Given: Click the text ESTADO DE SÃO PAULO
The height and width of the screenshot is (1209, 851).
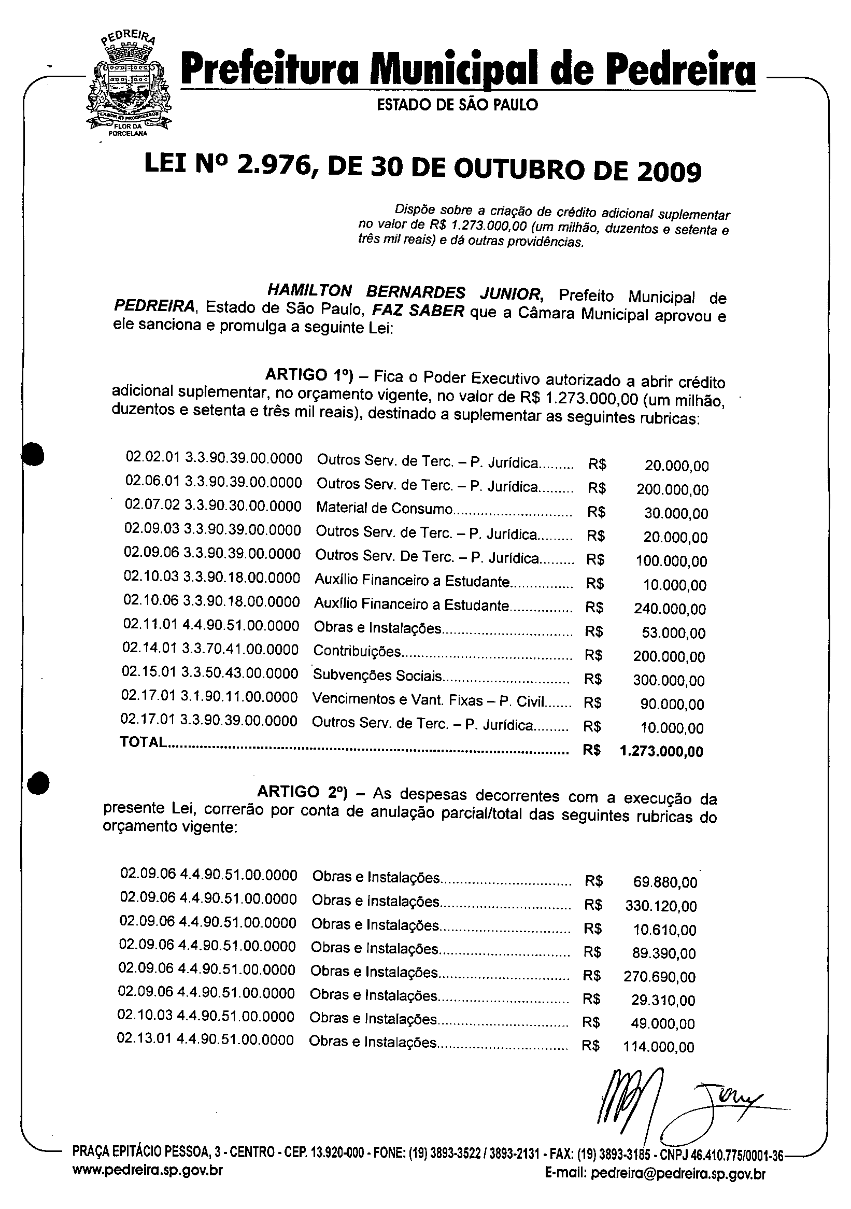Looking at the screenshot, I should [x=457, y=105].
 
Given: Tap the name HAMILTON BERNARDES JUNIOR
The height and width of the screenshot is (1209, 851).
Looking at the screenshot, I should [x=405, y=292].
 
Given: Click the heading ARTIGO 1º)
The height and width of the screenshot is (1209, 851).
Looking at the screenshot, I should [x=308, y=375].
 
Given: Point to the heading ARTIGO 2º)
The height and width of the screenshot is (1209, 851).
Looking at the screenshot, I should [x=302, y=792].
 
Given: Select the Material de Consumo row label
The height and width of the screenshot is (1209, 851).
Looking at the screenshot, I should [x=384, y=508].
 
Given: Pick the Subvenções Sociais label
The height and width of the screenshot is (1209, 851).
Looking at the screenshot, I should [x=377, y=675].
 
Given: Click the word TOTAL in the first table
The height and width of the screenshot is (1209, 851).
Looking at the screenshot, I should [x=143, y=742].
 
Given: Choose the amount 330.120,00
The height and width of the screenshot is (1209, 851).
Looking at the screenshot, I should [x=660, y=906].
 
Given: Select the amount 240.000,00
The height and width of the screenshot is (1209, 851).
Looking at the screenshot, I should [x=670, y=609].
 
